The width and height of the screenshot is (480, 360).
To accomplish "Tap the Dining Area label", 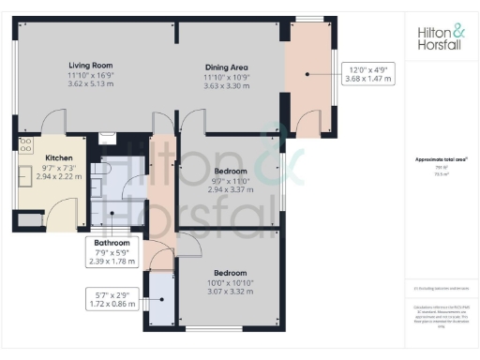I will point(227,67).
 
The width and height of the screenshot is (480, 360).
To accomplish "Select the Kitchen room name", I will point(46,158).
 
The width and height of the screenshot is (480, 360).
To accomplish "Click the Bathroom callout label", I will point(112,243).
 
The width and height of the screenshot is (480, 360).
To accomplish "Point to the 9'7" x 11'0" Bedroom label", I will point(230,172).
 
